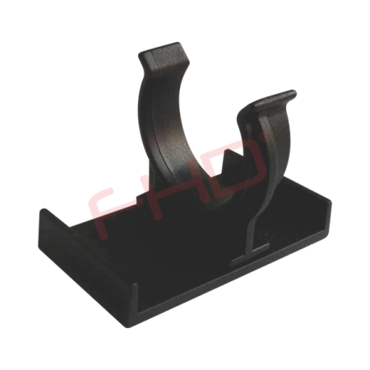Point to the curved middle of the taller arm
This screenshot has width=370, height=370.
click(x=160, y=123)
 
